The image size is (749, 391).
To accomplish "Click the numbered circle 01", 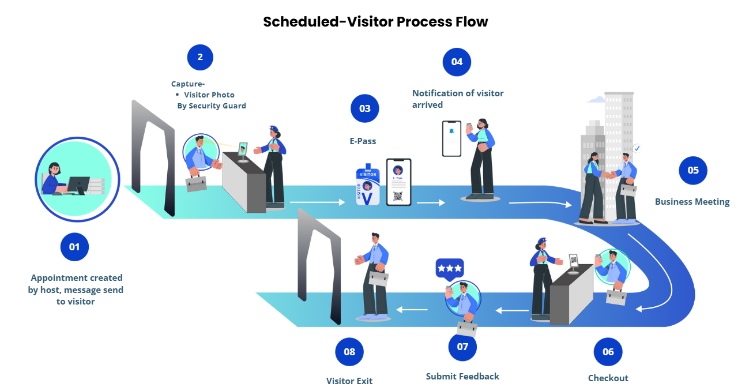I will pos(74,247).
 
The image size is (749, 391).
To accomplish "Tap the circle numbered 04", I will pos(457,62).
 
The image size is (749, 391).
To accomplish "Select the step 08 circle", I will pos(349,352).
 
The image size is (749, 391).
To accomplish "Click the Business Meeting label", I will pos(692,202).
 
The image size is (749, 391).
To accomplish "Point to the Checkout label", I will pos(608,378).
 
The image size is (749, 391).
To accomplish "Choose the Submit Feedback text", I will pos(462,377).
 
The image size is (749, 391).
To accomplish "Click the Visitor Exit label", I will pos(349,381).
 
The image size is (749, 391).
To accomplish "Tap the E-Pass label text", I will pos(363,141).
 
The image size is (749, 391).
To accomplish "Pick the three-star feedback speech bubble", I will pos(450,269).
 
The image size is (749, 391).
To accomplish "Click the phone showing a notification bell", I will pos(451,138).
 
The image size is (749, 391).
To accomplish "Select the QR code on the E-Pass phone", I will pos(398,196).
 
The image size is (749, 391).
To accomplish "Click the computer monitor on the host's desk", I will pos(78,185).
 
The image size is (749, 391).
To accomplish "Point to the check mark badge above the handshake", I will pos(637,148).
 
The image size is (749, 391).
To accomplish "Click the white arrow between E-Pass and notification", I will pos(431,202).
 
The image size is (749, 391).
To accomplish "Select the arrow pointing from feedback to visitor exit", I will pos(412,310).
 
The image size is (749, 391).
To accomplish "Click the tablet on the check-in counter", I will pos(243,149).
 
